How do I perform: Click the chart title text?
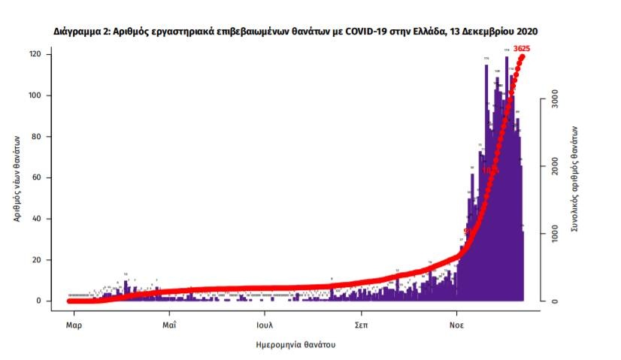(x=295, y=32)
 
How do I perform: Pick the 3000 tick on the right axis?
(x=554, y=103)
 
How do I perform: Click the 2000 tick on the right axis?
(x=554, y=168)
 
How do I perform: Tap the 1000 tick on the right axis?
(x=554, y=234)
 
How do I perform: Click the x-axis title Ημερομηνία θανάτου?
(x=295, y=344)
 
